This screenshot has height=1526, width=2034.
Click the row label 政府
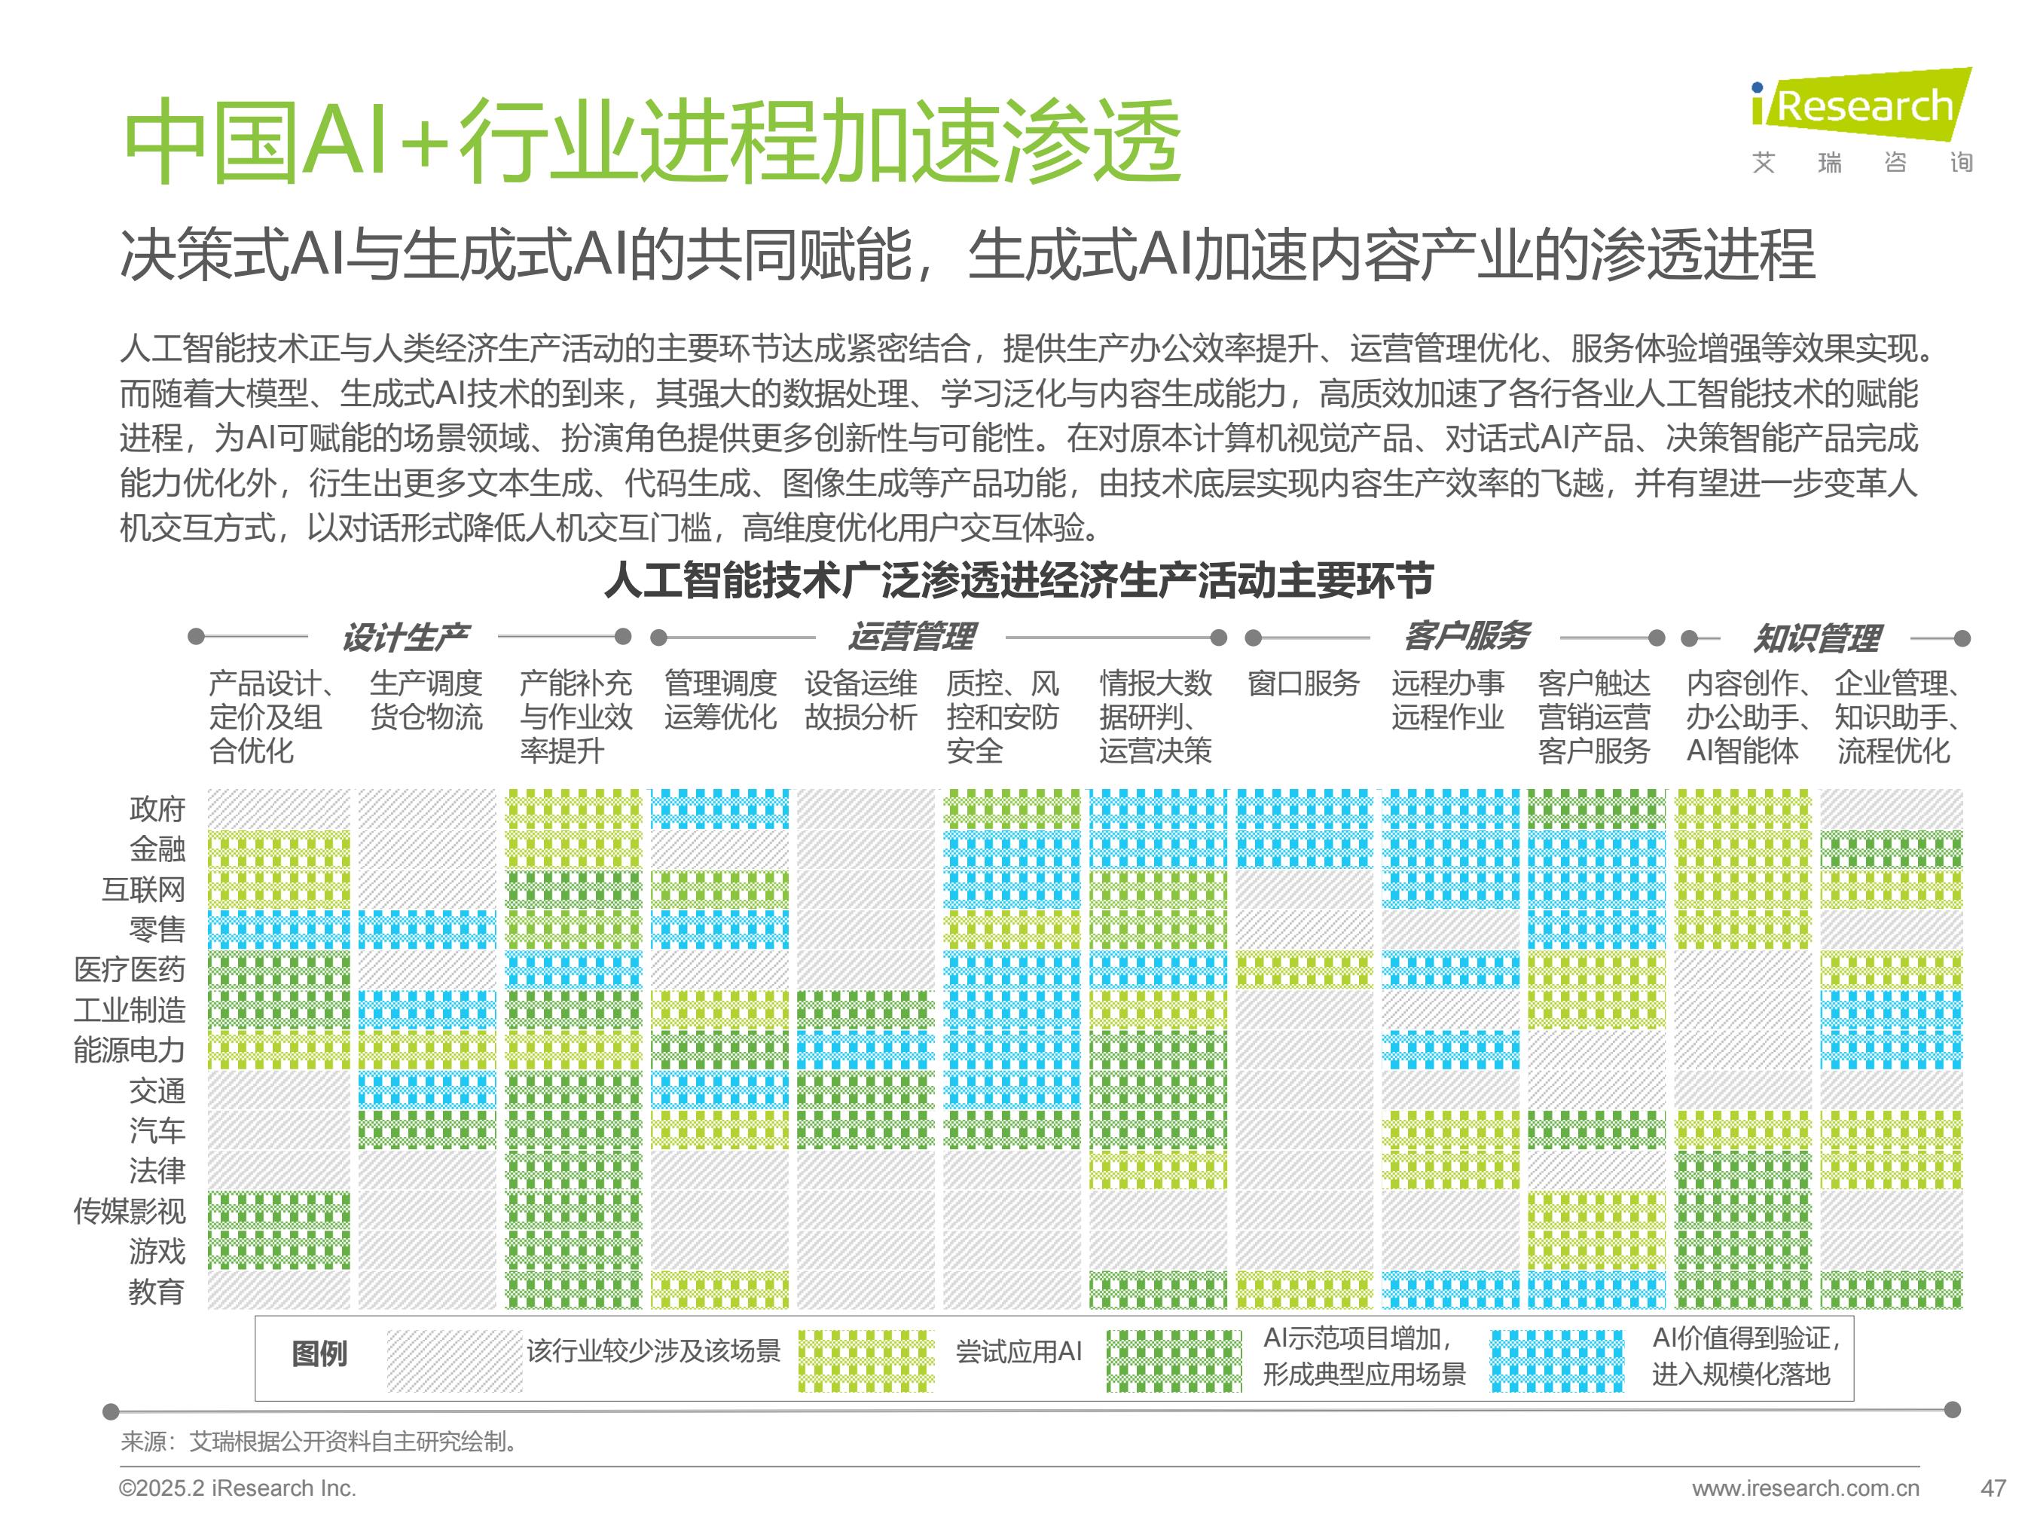(x=157, y=809)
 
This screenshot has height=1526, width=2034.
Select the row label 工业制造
(x=130, y=1010)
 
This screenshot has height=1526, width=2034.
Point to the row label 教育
(x=157, y=1292)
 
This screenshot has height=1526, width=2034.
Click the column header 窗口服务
(x=1303, y=683)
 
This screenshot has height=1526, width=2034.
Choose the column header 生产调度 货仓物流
(x=426, y=700)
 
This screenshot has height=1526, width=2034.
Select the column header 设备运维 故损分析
(x=860, y=700)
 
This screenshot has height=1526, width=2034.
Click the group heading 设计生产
(x=405, y=637)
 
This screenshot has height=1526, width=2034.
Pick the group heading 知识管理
(x=1816, y=638)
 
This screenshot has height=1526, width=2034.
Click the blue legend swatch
(x=1557, y=1360)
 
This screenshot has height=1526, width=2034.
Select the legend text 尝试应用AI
(x=1019, y=1351)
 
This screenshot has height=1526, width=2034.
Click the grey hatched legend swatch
(x=454, y=1360)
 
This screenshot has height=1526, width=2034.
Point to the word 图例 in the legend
(x=319, y=1354)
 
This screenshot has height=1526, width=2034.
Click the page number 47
(x=1993, y=1488)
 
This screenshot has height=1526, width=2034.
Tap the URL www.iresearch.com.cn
(x=1805, y=1488)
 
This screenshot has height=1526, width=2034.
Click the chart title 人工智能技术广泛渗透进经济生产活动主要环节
(x=1018, y=580)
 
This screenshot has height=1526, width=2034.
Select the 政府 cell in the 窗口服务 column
(x=1303, y=809)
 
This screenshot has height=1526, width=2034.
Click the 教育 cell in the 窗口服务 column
(x=1303, y=1291)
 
